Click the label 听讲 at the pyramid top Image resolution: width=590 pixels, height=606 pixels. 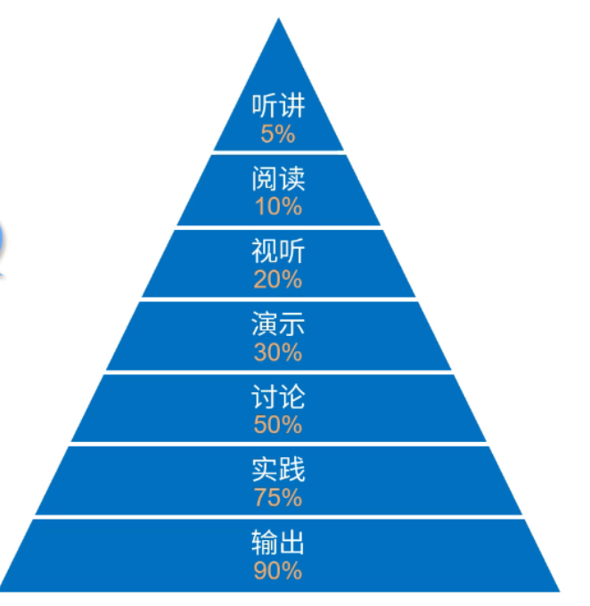coord(278,107)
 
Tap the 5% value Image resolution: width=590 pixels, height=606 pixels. coord(278,135)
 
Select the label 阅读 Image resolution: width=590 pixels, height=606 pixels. coord(278,180)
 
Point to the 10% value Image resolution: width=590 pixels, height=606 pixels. coord(278,208)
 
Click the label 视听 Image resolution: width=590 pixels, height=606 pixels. coord(278,253)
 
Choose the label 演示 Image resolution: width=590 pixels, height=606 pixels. coord(278,325)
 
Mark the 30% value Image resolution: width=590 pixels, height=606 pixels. coord(278,353)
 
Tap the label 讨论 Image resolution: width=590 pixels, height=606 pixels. coord(278,397)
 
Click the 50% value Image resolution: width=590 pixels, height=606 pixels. coord(278,425)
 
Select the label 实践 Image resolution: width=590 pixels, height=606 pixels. coord(278,470)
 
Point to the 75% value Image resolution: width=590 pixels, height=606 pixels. coord(278,497)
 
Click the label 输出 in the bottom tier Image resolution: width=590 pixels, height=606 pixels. coord(278,543)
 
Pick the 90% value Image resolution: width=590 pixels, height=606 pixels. coord(278,570)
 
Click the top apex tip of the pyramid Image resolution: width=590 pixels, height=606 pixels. coord(279,20)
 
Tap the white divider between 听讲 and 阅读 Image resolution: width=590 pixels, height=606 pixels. coord(278,152)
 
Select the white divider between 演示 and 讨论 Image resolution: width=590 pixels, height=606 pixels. coord(278,372)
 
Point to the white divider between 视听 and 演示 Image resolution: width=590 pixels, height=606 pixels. coord(278,299)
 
